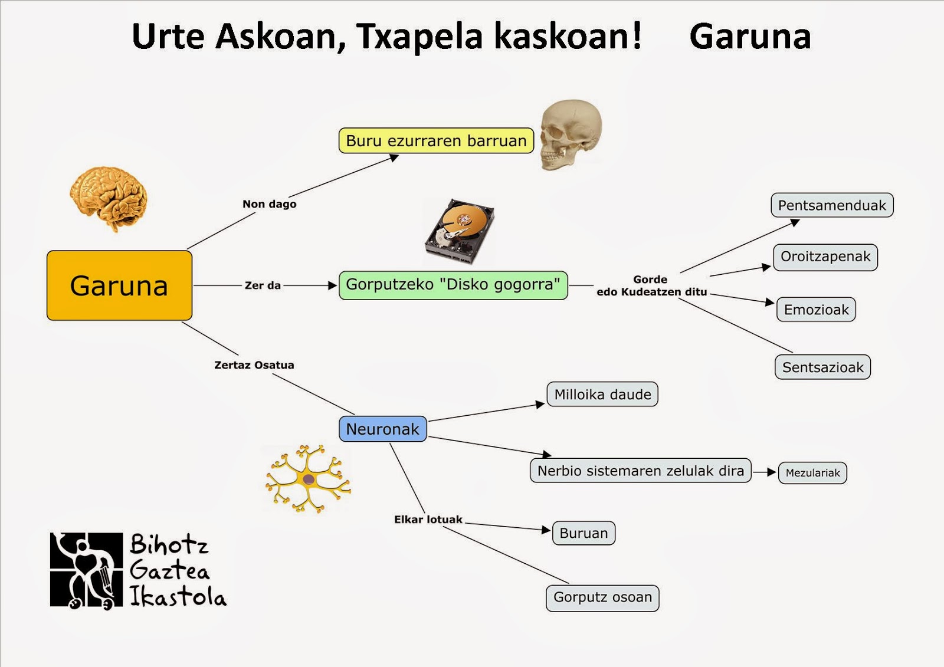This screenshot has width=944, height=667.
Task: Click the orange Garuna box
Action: coord(119,285)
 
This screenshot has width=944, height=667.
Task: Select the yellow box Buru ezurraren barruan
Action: coord(436,141)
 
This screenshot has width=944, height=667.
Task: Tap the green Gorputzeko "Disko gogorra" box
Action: coord(453,285)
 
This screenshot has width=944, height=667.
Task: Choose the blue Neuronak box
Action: coord(383,429)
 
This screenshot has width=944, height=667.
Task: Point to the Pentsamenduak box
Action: coord(832,205)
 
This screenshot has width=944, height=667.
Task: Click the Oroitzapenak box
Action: coord(825,257)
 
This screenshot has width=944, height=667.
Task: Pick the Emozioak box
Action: coord(816,310)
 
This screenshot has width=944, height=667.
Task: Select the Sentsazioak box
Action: coord(822,367)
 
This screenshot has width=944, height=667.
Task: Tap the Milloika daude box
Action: coord(602,395)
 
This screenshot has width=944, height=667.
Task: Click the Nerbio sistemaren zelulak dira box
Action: coord(641,471)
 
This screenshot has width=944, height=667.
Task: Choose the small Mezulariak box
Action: coord(812,473)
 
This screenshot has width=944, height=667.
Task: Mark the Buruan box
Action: coord(584,533)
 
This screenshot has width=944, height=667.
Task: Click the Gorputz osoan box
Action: coord(602,598)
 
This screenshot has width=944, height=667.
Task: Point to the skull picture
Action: coord(571,135)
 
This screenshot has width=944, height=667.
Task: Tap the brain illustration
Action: coord(109,199)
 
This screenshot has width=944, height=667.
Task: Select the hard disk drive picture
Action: coord(460,231)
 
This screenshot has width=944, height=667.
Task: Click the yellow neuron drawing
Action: coord(308,479)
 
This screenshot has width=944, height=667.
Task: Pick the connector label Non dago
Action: coord(269,204)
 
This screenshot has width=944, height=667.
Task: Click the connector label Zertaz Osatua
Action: coord(254,365)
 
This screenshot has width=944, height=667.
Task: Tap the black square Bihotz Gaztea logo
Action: coord(86,570)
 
